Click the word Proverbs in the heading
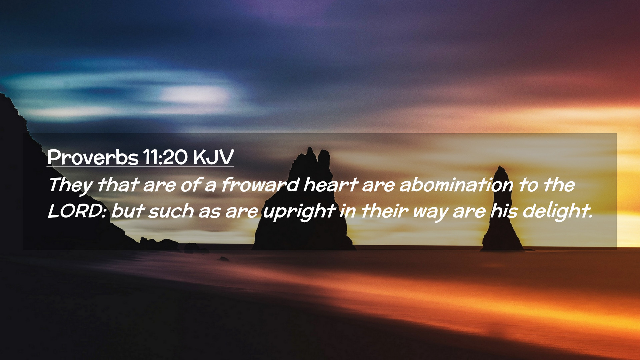click(x=93, y=157)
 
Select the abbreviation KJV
click(x=213, y=157)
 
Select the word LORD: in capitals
click(x=77, y=211)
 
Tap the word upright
click(x=299, y=212)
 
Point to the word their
click(x=385, y=211)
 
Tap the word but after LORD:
click(x=128, y=211)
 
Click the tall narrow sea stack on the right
click(x=501, y=210)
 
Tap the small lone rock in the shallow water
click(x=224, y=259)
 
